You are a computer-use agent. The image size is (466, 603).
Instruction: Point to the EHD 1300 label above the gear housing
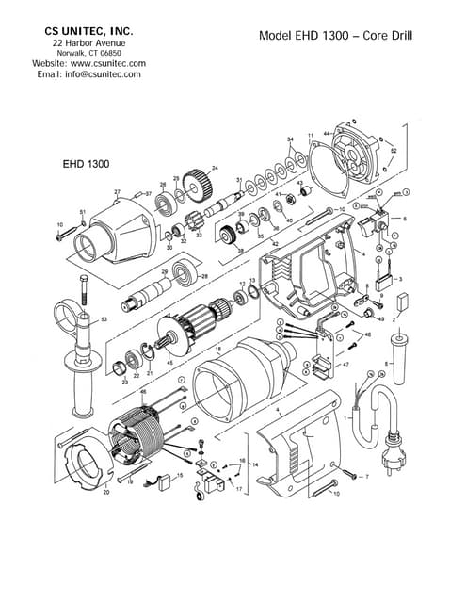point(87,163)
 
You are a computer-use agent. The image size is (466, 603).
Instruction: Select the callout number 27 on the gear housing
point(118,192)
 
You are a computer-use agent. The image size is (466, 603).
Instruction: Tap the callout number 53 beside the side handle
point(104,320)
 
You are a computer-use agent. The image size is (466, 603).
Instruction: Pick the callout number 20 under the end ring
point(105,492)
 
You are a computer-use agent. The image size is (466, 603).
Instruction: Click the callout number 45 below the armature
point(169,361)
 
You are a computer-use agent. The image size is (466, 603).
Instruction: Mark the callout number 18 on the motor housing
point(217,350)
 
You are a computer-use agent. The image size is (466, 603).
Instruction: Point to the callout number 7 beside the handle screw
point(366,478)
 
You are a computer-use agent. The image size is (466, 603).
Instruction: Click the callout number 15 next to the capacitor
point(180,476)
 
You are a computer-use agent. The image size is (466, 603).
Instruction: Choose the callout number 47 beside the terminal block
point(345,363)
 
